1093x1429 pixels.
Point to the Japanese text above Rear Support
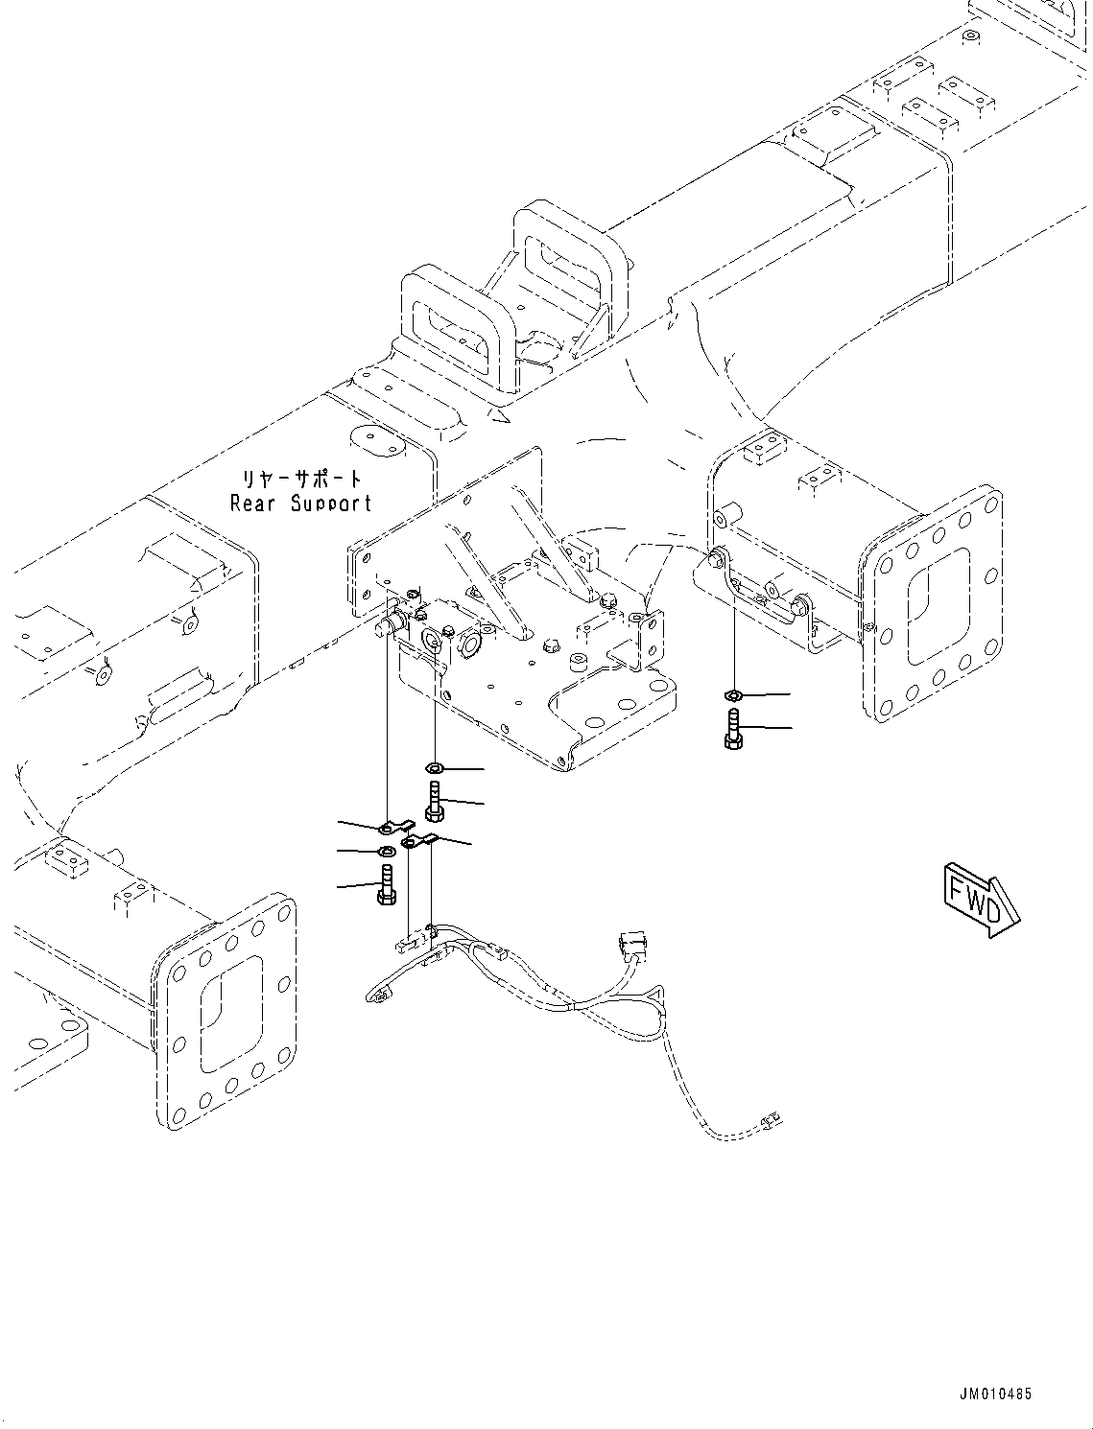click(301, 478)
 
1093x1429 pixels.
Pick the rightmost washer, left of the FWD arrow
click(731, 694)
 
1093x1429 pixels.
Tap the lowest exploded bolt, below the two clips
click(386, 882)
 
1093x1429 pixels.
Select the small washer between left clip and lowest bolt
click(386, 851)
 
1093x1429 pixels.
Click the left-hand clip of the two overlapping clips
click(393, 826)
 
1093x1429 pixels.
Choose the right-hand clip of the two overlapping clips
click(420, 841)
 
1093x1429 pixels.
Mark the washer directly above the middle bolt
click(434, 767)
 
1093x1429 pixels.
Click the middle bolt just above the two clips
click(435, 801)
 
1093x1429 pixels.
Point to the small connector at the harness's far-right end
click(768, 1116)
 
